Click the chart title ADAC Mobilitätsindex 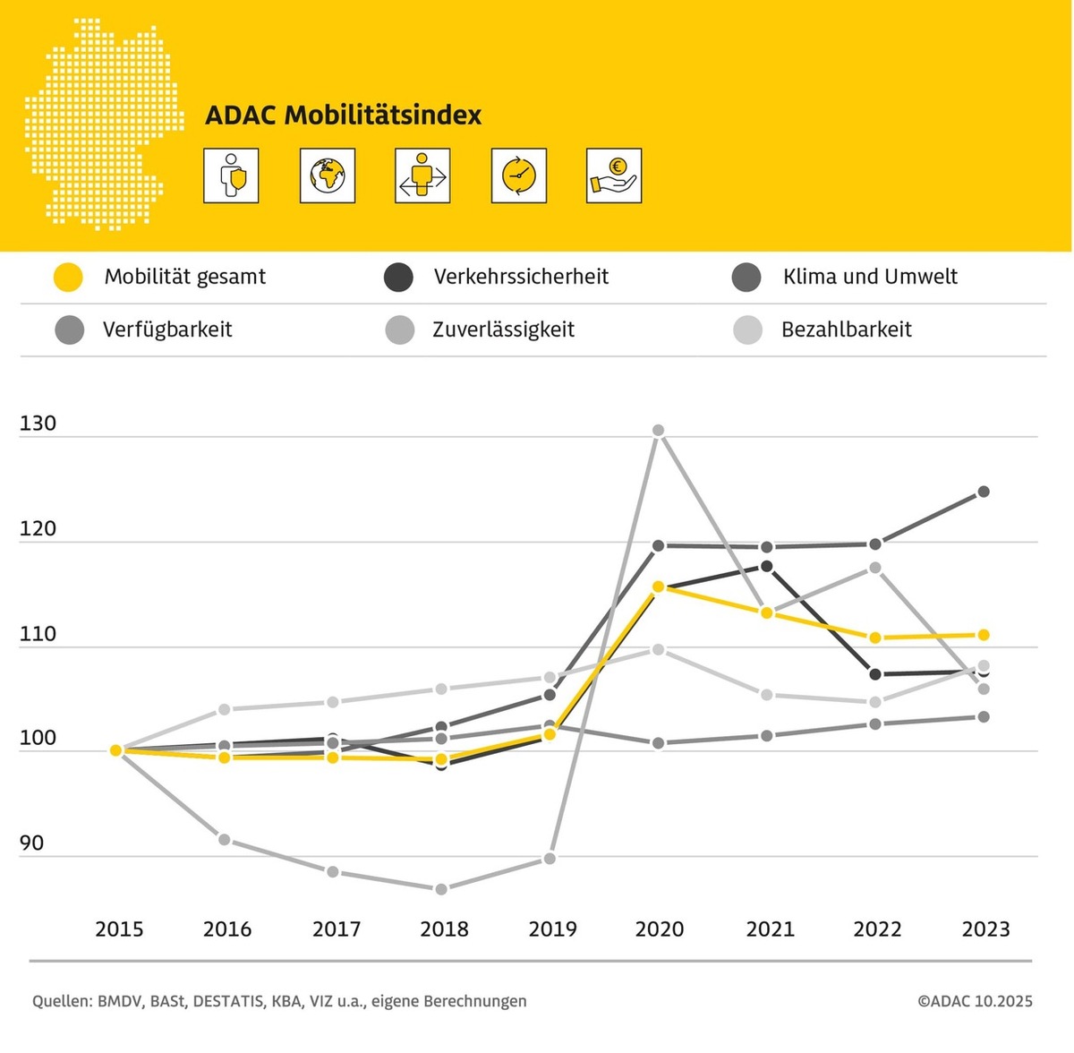click(343, 116)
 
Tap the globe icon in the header click(328, 175)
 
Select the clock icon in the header click(518, 175)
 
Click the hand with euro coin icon click(614, 175)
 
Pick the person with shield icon click(231, 175)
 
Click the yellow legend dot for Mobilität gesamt click(68, 278)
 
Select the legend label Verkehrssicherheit click(521, 277)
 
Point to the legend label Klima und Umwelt click(870, 277)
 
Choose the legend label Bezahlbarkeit click(846, 330)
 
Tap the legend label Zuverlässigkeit click(503, 330)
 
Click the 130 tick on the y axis click(38, 424)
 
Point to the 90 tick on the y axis click(31, 843)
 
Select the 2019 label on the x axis click(552, 929)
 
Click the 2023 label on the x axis click(985, 929)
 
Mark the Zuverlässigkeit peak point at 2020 click(658, 431)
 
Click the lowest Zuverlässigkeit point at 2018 click(440, 889)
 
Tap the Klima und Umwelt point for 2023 click(983, 492)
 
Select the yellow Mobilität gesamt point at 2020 click(658, 587)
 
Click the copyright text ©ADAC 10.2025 click(975, 1001)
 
